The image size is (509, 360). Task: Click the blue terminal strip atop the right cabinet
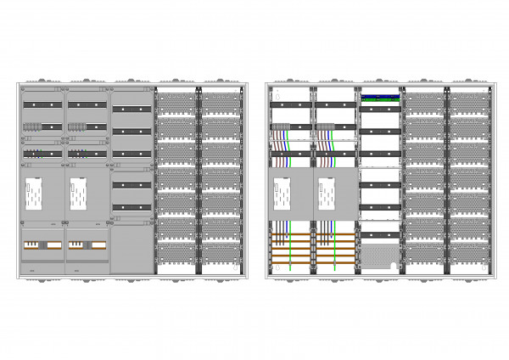pyautogui.click(x=380, y=98)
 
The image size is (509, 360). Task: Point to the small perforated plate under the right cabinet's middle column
pyautogui.click(x=380, y=257)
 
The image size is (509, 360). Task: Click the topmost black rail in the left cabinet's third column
pyautogui.click(x=131, y=110)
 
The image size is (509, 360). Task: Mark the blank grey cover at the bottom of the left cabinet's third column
pyautogui.click(x=131, y=249)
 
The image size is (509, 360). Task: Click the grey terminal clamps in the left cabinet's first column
pyautogui.click(x=32, y=127)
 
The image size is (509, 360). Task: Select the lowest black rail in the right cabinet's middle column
pyautogui.click(x=380, y=206)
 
